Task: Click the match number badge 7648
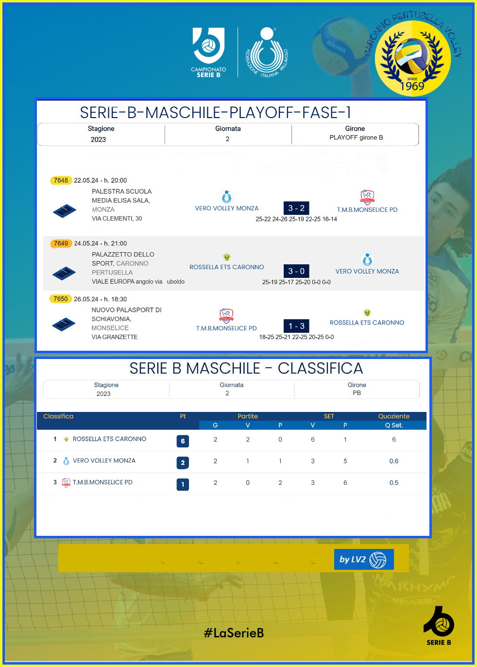click(61, 180)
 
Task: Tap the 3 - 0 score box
click(296, 271)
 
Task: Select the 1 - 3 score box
click(296, 326)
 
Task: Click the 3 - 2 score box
click(296, 208)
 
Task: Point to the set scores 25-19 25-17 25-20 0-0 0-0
click(296, 282)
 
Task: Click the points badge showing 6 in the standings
click(183, 441)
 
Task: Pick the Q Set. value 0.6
click(394, 461)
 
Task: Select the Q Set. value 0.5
click(394, 483)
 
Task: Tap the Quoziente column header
click(394, 416)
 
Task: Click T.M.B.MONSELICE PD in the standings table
click(102, 482)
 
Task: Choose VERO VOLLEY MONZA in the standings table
click(104, 461)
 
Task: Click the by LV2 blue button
click(364, 559)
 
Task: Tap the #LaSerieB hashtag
click(234, 633)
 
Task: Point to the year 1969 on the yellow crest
click(412, 86)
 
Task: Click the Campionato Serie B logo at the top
click(208, 52)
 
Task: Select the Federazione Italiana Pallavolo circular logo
click(267, 52)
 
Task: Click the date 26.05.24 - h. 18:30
click(101, 299)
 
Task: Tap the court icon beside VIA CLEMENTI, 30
click(64, 210)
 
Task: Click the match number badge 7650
click(61, 299)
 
